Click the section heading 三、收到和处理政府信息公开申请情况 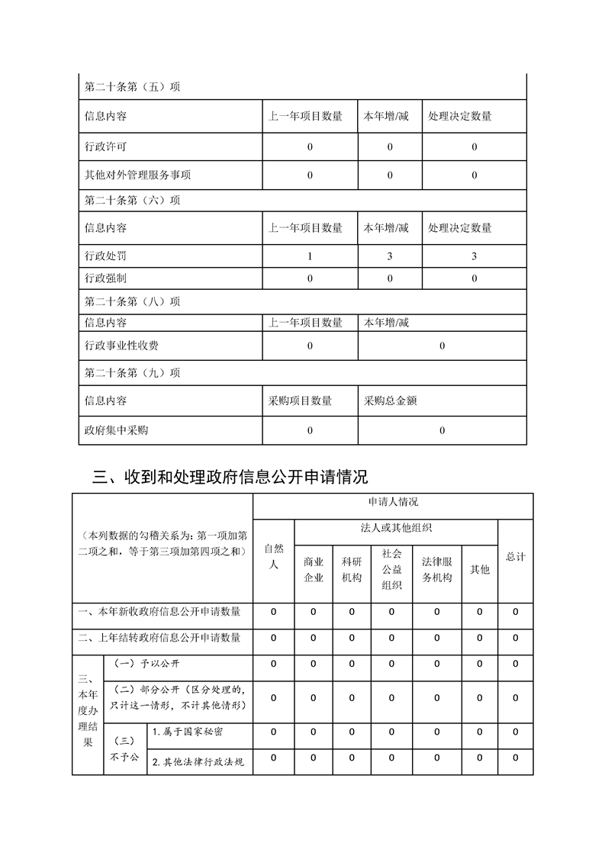(230, 478)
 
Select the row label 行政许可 (105, 146)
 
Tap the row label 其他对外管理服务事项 (137, 175)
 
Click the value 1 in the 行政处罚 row (310, 256)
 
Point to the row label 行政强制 (105, 278)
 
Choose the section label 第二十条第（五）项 (132, 87)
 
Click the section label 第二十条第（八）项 (132, 301)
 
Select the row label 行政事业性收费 (121, 346)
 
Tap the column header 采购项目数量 (300, 401)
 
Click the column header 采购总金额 (390, 401)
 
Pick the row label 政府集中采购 (116, 430)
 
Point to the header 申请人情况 (392, 503)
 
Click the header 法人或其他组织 (396, 528)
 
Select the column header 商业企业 (314, 569)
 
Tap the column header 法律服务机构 (436, 569)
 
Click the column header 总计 (516, 557)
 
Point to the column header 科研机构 (352, 569)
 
